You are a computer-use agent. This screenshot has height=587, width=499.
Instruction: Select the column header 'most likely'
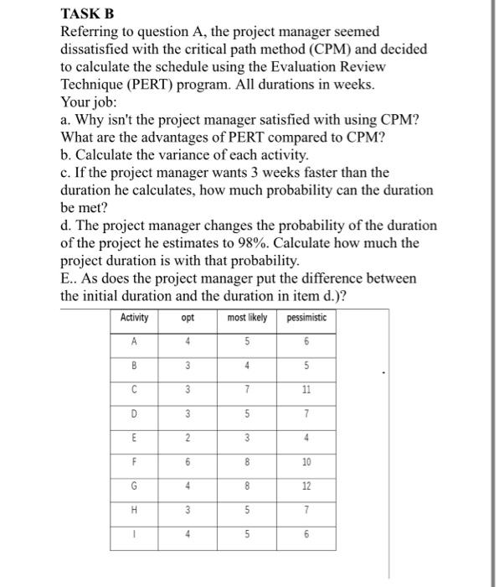[247, 318]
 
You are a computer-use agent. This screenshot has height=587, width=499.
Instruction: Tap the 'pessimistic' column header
[306, 318]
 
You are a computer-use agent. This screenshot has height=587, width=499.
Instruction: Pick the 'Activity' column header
[135, 318]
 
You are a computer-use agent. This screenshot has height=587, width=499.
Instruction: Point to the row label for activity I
[135, 536]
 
